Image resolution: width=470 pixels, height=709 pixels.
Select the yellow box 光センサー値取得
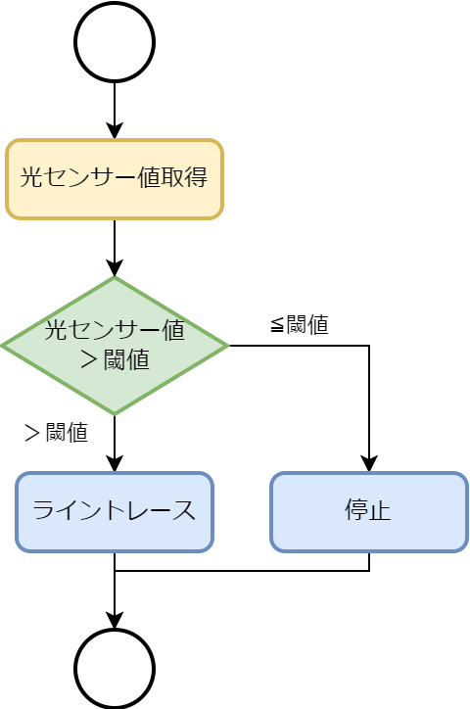pyautogui.click(x=115, y=179)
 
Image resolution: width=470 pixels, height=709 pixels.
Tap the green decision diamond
pyautogui.click(x=115, y=346)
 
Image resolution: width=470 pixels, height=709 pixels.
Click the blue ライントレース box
pyautogui.click(x=115, y=512)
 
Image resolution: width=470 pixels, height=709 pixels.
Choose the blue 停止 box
pyautogui.click(x=369, y=512)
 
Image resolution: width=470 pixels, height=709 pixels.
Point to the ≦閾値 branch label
pyautogui.click(x=300, y=325)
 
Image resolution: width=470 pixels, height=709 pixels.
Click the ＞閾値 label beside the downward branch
pyautogui.click(x=56, y=432)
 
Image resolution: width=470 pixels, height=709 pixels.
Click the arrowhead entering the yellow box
pyautogui.click(x=115, y=130)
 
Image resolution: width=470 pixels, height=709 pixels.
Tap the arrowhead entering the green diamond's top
pyautogui.click(x=115, y=267)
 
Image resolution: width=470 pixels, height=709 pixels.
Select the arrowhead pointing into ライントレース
pyautogui.click(x=115, y=463)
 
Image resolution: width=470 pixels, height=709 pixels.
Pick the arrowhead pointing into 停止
pyautogui.click(x=369, y=463)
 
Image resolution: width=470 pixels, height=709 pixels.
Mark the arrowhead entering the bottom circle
pyautogui.click(x=115, y=620)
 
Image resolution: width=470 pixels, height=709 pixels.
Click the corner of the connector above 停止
pyautogui.click(x=369, y=346)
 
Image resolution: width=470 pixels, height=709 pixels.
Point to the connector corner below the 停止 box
pyautogui.click(x=369, y=571)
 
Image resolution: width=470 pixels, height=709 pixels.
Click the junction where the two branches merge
pyautogui.click(x=115, y=571)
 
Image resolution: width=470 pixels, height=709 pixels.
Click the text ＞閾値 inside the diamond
pyautogui.click(x=115, y=360)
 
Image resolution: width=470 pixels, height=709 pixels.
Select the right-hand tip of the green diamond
pyautogui.click(x=229, y=346)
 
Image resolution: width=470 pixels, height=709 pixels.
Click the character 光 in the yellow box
pyautogui.click(x=31, y=176)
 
